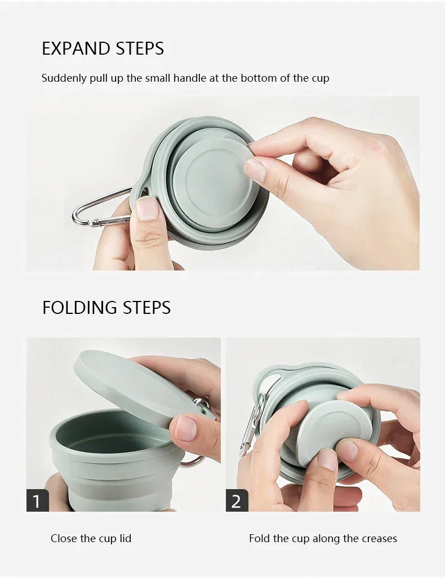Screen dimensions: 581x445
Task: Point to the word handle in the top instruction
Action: pyautogui.click(x=190, y=78)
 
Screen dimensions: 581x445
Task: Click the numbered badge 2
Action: pyautogui.click(x=237, y=500)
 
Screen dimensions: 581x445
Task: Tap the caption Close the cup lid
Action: pyautogui.click(x=91, y=539)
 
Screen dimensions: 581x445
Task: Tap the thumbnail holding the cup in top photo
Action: pyautogui.click(x=147, y=209)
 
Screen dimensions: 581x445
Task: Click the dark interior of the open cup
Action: pyautogui.click(x=107, y=434)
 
